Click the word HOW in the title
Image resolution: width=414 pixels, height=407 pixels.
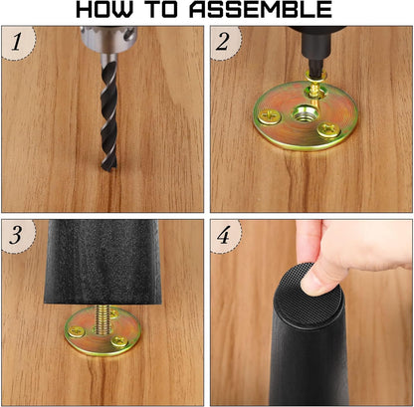(x=103, y=10)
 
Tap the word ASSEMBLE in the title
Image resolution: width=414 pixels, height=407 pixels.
(x=261, y=10)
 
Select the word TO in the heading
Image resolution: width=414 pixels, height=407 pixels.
(x=162, y=10)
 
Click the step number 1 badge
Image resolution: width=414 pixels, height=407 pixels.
(x=17, y=42)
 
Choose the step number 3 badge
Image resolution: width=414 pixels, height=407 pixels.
(x=17, y=235)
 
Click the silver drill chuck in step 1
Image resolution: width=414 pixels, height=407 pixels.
(x=108, y=39)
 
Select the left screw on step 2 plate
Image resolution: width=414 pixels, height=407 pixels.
(x=270, y=116)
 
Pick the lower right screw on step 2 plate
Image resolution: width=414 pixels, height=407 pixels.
(x=327, y=130)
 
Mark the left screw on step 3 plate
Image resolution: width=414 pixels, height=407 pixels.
(x=77, y=331)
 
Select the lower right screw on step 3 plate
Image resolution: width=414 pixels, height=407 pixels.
(x=119, y=341)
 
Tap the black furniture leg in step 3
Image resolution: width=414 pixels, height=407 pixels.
(x=103, y=262)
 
